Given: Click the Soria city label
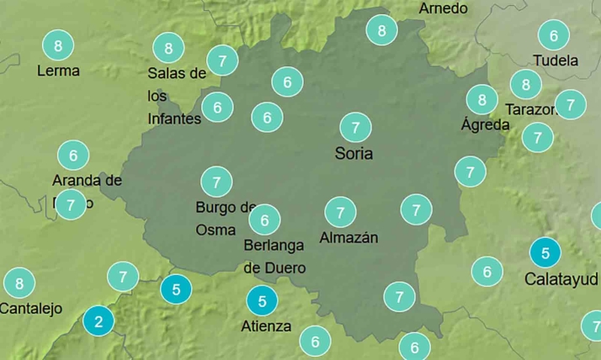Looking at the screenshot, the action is (354, 154).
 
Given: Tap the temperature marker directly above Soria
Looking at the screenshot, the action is (355, 128).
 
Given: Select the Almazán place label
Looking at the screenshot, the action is (348, 238).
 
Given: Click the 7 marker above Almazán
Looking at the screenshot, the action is (340, 211).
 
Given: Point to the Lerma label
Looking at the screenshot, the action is (58, 71).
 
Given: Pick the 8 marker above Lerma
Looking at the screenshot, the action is (58, 45).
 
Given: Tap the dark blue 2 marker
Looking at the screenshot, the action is (99, 320).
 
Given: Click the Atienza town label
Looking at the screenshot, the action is (267, 326).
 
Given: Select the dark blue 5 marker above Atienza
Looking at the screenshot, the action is (263, 300).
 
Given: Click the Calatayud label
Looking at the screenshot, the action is (561, 278).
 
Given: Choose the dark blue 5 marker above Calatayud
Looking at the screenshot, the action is (545, 252).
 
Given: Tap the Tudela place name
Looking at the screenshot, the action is (556, 61).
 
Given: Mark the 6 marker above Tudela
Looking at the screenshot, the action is (554, 35).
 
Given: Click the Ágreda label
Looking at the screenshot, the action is (486, 124).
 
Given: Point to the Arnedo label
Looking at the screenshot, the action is (443, 8).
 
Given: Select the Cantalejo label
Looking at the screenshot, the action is (31, 309).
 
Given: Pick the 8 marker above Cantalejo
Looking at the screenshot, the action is (19, 283).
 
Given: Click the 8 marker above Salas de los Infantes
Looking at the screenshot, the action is (168, 48).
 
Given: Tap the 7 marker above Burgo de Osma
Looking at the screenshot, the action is (216, 181).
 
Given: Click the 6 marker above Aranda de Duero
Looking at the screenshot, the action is (73, 156).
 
